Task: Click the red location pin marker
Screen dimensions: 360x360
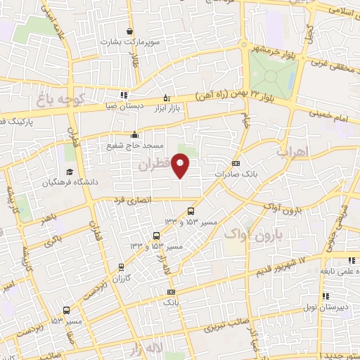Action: click(x=181, y=166)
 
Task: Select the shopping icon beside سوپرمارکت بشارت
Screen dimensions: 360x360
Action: click(x=130, y=31)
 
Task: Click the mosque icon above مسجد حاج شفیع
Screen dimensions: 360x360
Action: click(x=135, y=135)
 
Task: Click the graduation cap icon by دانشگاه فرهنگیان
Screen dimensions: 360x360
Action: click(x=70, y=172)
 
